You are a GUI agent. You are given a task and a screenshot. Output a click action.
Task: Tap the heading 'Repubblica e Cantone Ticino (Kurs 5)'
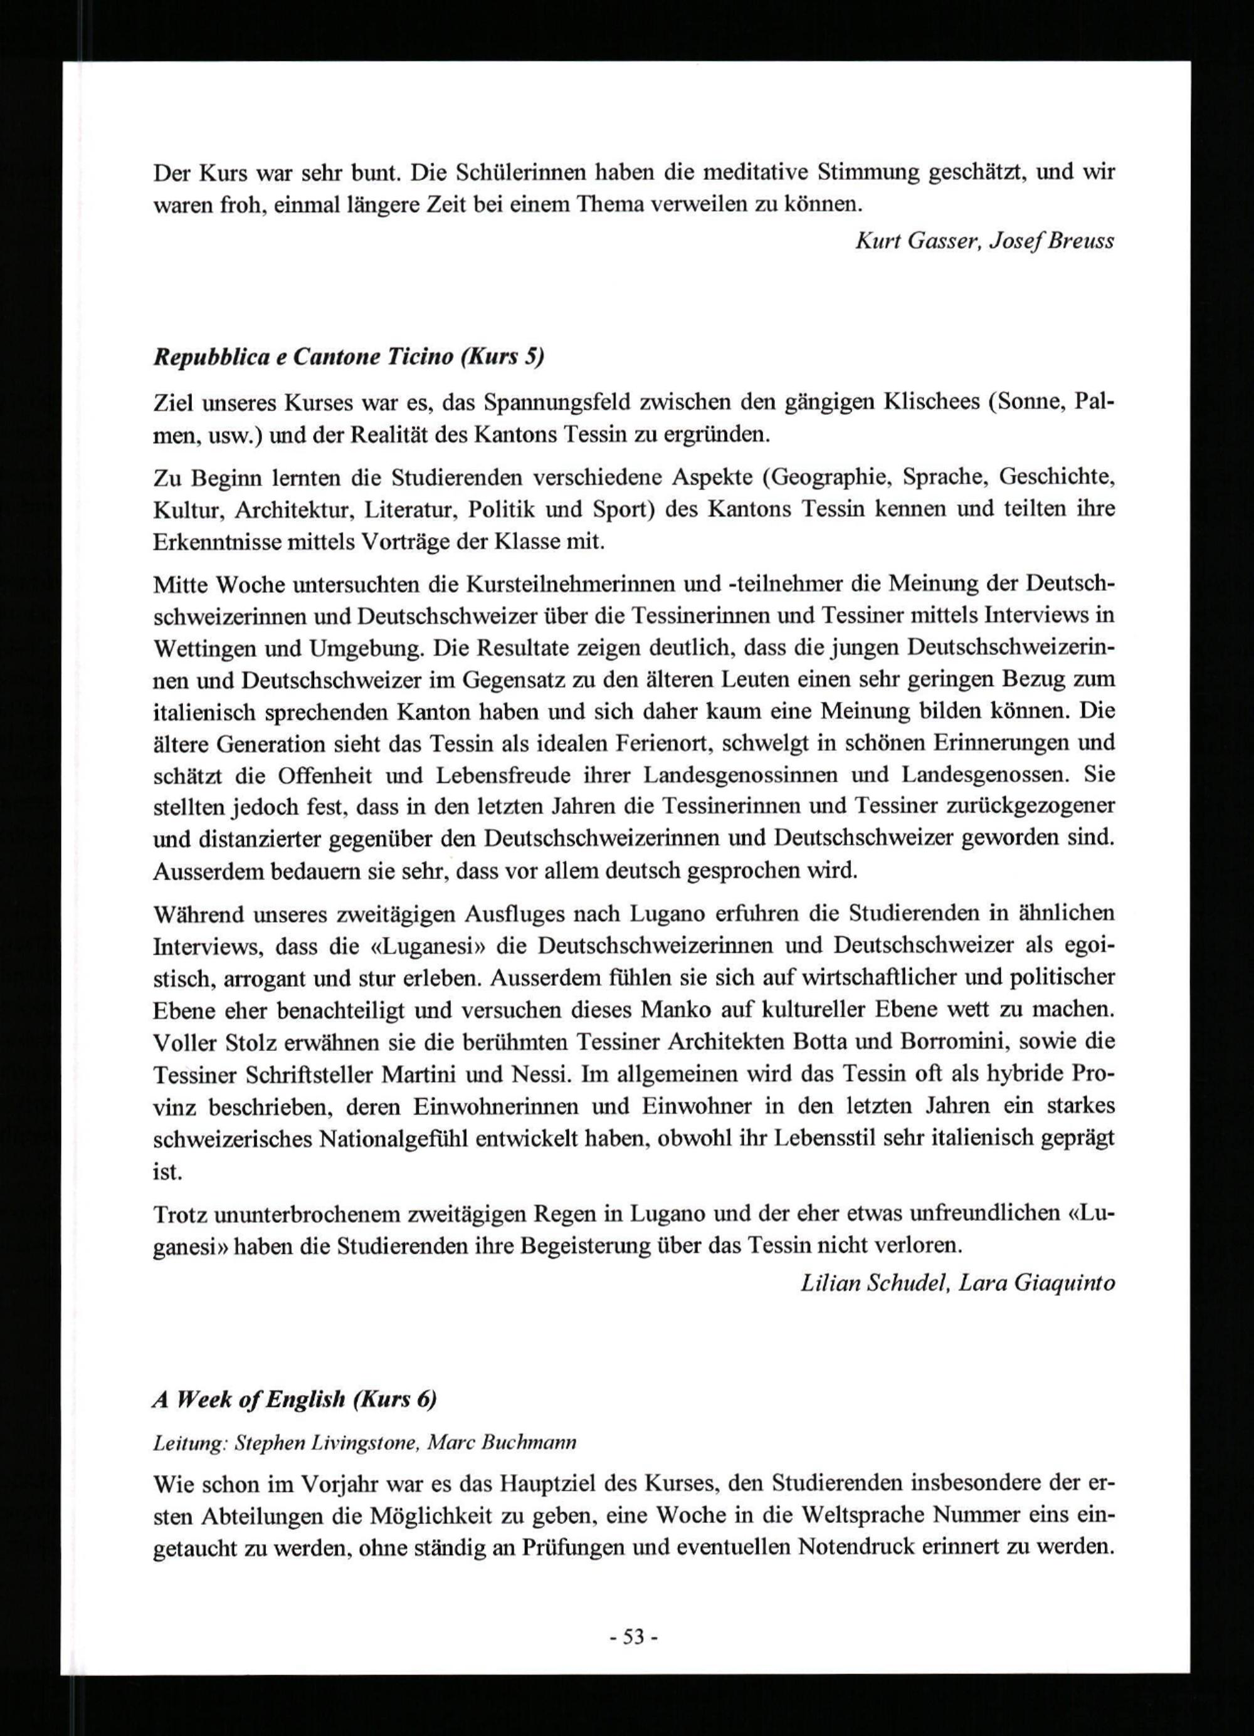[349, 357]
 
